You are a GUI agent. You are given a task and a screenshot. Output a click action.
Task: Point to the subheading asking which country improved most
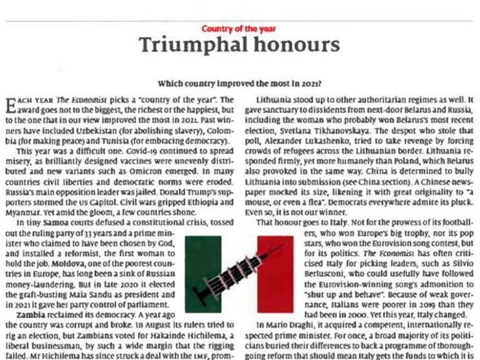coord(240,83)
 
